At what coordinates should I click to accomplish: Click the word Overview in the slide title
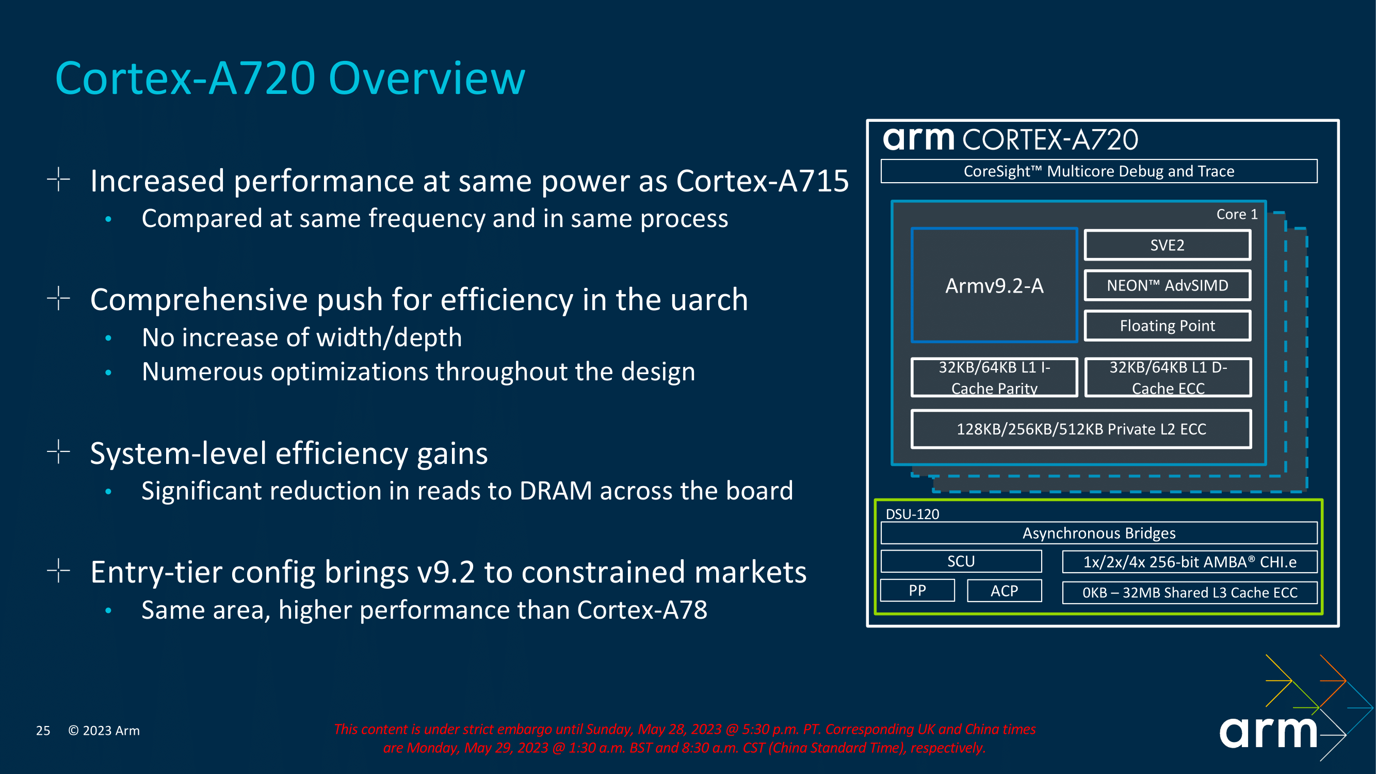tap(427, 78)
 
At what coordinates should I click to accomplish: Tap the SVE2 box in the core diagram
tap(1167, 245)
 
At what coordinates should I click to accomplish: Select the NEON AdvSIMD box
tap(1167, 285)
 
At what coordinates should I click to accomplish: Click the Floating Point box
tap(1167, 325)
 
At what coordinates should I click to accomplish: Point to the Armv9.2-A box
tap(994, 285)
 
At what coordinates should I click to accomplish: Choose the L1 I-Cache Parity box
tap(994, 377)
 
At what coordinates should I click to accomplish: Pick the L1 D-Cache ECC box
tap(1168, 377)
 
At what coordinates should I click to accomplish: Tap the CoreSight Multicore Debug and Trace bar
tap(1099, 171)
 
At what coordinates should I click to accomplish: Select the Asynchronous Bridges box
tap(1099, 533)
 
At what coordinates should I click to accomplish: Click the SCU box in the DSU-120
tap(961, 561)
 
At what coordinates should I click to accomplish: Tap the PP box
tap(917, 590)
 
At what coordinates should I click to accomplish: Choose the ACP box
tap(1003, 590)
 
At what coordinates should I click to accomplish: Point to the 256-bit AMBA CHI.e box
tap(1190, 561)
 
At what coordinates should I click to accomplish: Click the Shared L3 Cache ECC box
tap(1190, 592)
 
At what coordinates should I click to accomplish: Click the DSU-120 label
tap(912, 514)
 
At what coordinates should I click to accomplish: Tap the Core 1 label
tap(1237, 214)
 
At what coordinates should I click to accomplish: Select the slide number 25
tap(43, 730)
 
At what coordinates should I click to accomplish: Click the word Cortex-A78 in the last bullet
tap(641, 609)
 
